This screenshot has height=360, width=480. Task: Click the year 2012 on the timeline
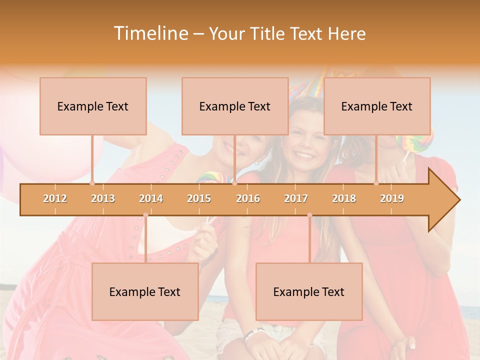(x=55, y=198)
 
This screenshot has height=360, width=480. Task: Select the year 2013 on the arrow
(x=103, y=198)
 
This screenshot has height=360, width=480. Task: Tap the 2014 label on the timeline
(x=151, y=198)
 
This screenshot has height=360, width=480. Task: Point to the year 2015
(x=199, y=198)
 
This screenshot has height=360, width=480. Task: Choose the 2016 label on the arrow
(x=248, y=198)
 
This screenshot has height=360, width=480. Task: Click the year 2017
(x=296, y=198)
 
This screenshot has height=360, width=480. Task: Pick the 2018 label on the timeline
(x=344, y=198)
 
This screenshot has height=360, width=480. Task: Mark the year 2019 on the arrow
(x=392, y=198)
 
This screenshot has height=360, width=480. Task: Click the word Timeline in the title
(x=149, y=33)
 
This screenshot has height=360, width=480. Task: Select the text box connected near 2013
(x=93, y=106)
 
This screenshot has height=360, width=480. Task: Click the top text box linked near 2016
(x=235, y=106)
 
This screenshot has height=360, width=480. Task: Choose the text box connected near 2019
(x=377, y=106)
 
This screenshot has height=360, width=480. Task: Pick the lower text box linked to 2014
(x=145, y=291)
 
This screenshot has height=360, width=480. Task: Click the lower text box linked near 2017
(x=309, y=291)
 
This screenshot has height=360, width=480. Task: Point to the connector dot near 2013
(x=92, y=183)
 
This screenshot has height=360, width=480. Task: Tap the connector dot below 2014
(x=145, y=215)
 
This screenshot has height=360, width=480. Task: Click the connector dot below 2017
(x=309, y=215)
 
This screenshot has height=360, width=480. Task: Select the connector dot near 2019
(x=376, y=183)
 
